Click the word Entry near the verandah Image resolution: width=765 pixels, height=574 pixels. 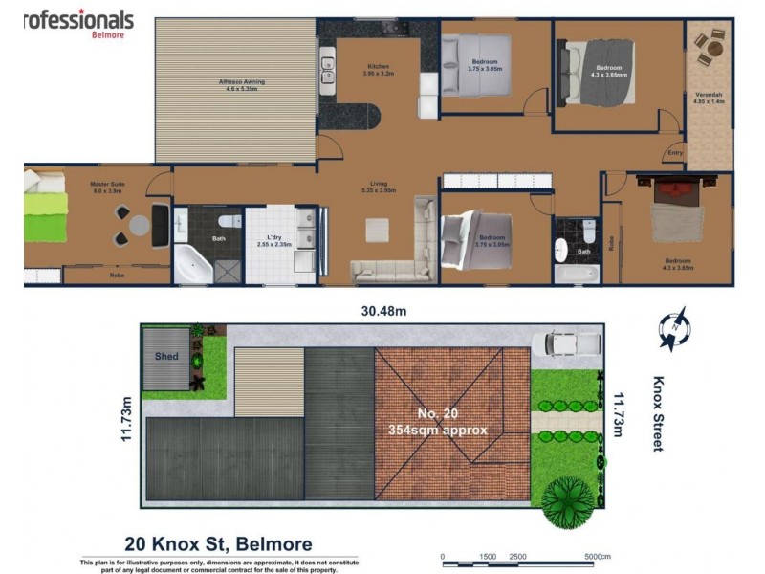[676, 153]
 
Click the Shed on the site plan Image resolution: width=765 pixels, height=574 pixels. [166, 357]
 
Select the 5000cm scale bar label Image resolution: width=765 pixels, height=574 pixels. [598, 555]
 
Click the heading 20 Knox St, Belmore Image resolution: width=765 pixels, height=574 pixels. [219, 544]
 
